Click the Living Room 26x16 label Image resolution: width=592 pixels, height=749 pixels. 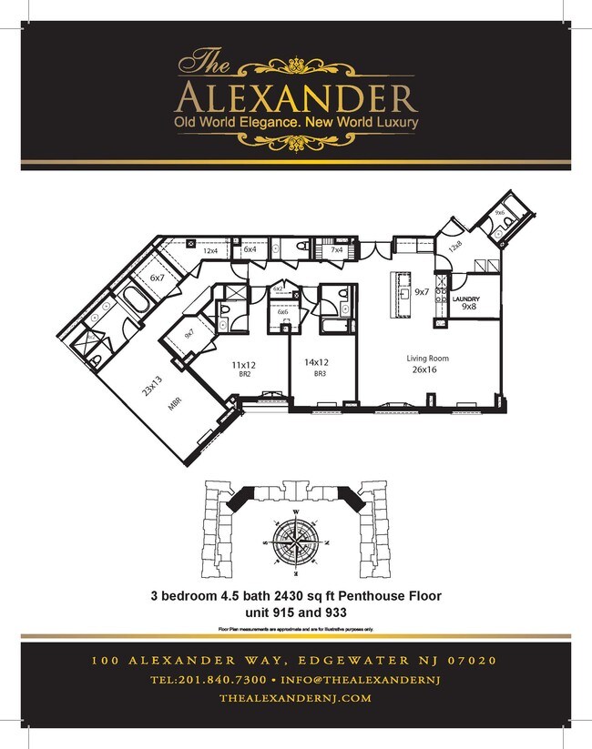[427, 364]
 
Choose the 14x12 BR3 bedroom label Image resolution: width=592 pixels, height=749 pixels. [317, 367]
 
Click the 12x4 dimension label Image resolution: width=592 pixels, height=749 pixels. [210, 251]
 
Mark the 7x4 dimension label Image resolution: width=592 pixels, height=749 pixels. [336, 249]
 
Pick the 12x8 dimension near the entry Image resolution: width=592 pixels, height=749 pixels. [454, 245]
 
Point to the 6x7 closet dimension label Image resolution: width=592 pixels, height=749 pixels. [157, 277]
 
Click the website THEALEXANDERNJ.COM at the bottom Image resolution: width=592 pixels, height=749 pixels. [296, 698]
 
